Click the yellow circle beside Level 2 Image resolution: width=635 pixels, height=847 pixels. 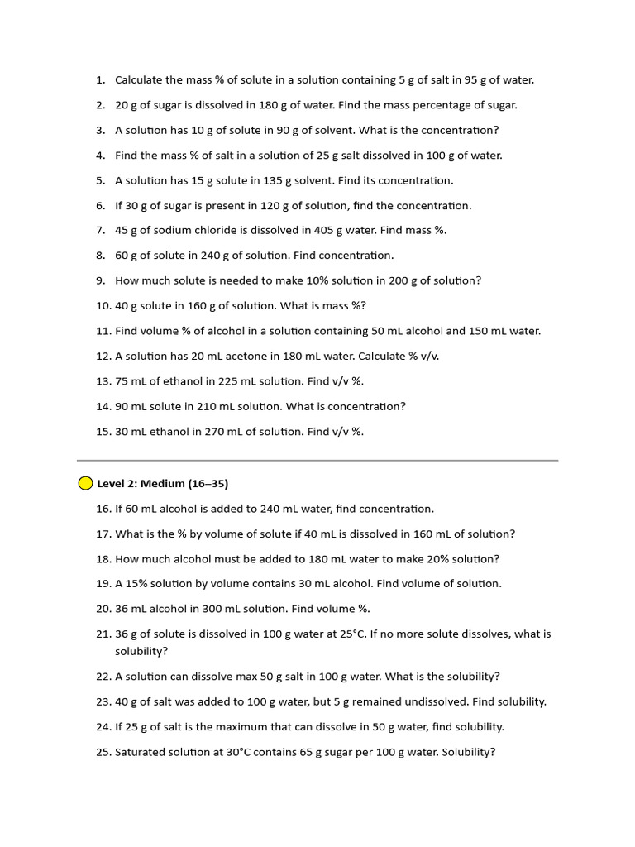[x=86, y=483]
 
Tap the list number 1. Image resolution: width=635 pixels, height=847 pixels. [x=100, y=80]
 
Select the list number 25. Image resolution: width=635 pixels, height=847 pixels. [x=103, y=753]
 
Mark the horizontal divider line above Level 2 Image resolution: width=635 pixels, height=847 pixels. [x=317, y=460]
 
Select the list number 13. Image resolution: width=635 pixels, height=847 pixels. [x=103, y=381]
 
